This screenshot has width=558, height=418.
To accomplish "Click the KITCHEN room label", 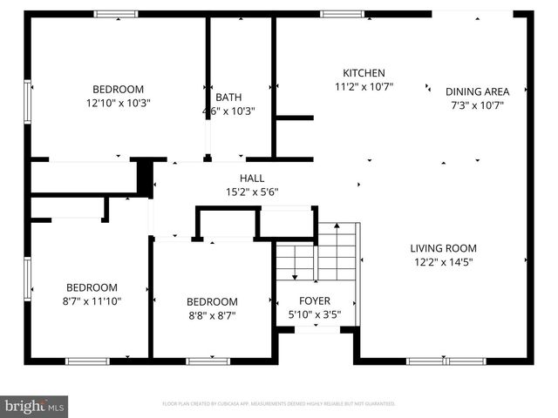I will coord(364,73).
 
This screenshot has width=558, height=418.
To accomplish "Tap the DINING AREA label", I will coord(477,91).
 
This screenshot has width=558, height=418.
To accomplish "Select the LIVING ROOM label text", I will coord(443,248).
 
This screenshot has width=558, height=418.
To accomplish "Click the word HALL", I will coord(252,179).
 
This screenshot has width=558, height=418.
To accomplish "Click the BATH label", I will coord(228,98).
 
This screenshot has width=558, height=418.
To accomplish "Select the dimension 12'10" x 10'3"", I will coord(118,103).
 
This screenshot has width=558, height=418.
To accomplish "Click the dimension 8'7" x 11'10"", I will coord(92,301).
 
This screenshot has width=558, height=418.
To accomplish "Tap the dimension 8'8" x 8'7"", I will coord(211,315).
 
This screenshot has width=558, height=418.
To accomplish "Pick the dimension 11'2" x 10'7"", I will coord(364,86).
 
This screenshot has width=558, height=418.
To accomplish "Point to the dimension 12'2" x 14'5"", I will coord(443,261).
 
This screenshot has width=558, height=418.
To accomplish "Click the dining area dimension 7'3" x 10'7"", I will coord(477,104).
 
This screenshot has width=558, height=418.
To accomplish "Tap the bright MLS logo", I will coord(35,406).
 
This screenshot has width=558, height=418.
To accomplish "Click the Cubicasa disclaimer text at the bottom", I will coord(279,404).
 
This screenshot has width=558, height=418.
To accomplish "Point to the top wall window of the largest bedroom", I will coord(115,14).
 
